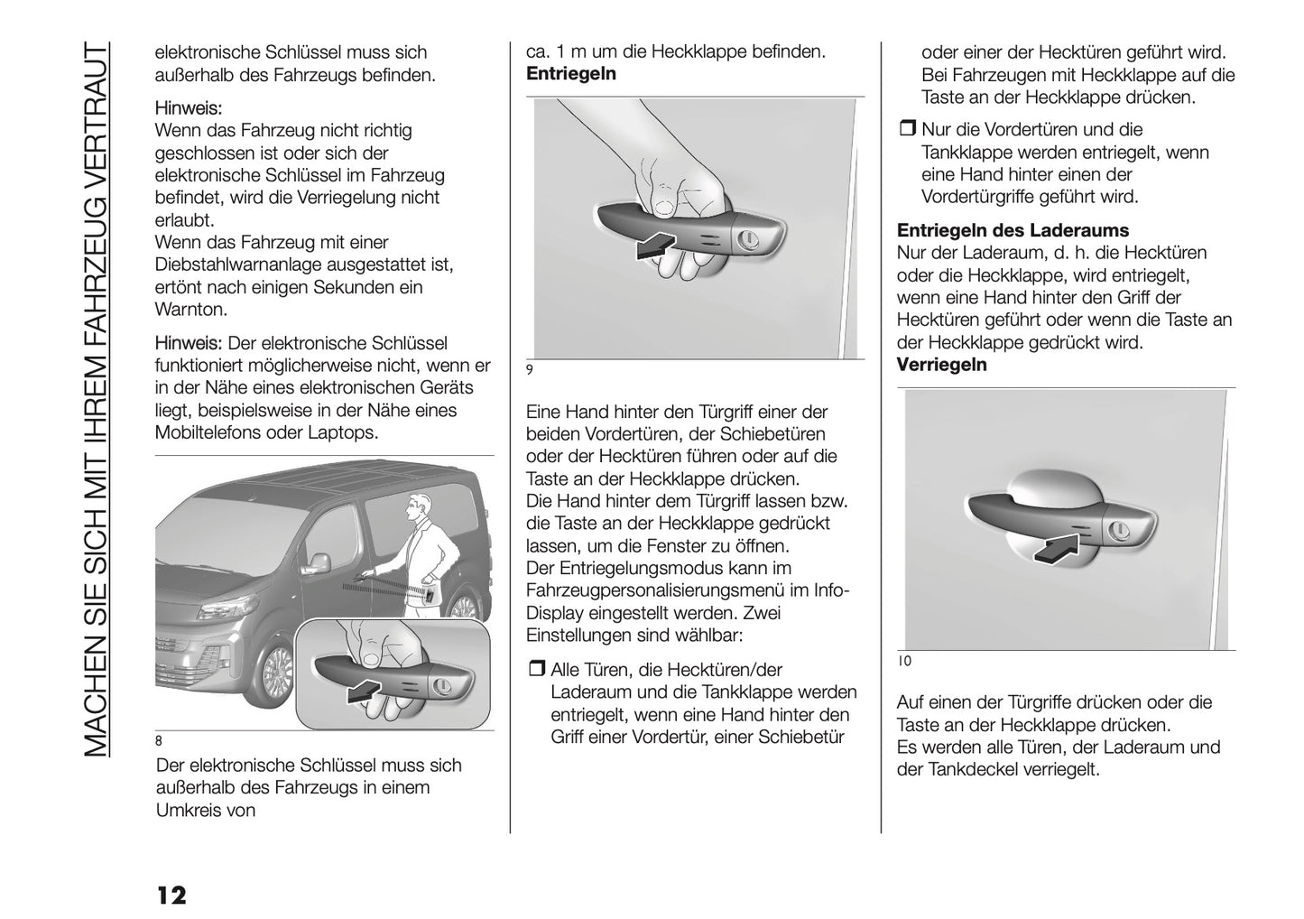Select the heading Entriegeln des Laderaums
[x=1013, y=230]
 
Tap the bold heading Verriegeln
[x=941, y=365]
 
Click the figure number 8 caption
[x=159, y=741]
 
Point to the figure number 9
[x=530, y=368]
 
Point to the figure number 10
[x=904, y=661]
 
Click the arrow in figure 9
[x=655, y=245]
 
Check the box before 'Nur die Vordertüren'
[x=906, y=130]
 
